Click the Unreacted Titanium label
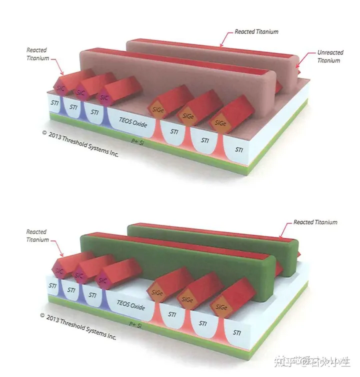click(x=328, y=56)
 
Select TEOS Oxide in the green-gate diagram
click(x=131, y=304)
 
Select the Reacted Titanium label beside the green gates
click(x=315, y=222)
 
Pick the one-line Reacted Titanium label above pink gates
click(x=256, y=31)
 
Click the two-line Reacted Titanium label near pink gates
click(x=37, y=54)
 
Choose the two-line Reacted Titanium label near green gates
click(x=37, y=235)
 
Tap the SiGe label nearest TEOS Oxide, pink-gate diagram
click(x=156, y=109)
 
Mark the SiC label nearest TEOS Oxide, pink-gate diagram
click(x=104, y=97)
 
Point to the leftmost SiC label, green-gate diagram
click(x=59, y=271)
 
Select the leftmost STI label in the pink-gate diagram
click(x=54, y=104)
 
